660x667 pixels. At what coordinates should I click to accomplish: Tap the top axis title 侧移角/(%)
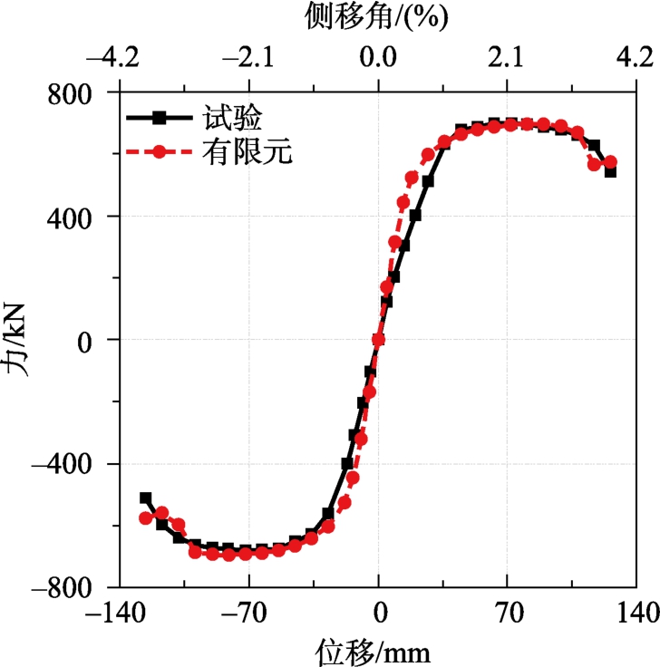pyautogui.click(x=377, y=15)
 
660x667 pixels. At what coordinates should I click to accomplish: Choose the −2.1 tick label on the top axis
pyautogui.click(x=245, y=60)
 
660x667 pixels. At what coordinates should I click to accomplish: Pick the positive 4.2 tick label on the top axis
pyautogui.click(x=632, y=60)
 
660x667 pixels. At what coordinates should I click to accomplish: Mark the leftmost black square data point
pyautogui.click(x=146, y=498)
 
